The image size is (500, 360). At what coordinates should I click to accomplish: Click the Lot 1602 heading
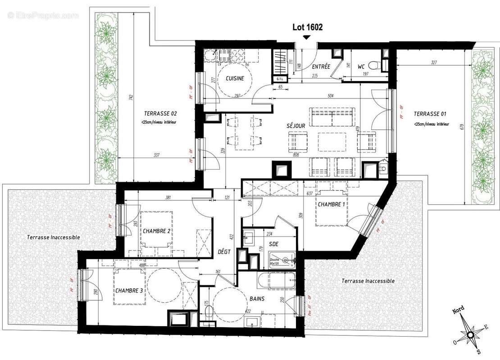click(308, 27)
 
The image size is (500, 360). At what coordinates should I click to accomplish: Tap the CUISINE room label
click(234, 78)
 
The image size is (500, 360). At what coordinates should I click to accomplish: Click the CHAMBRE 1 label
click(332, 204)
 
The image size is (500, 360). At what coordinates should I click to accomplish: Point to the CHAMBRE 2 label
click(156, 231)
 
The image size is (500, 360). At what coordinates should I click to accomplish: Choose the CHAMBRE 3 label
click(129, 290)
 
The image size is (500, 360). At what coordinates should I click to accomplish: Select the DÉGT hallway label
click(224, 252)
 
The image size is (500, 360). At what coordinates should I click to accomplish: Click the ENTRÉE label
click(321, 67)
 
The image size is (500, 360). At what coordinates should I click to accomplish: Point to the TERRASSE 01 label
click(430, 114)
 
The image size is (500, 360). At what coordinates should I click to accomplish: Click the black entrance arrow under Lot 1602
click(307, 38)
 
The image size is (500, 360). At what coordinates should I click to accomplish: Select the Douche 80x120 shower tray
click(282, 260)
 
